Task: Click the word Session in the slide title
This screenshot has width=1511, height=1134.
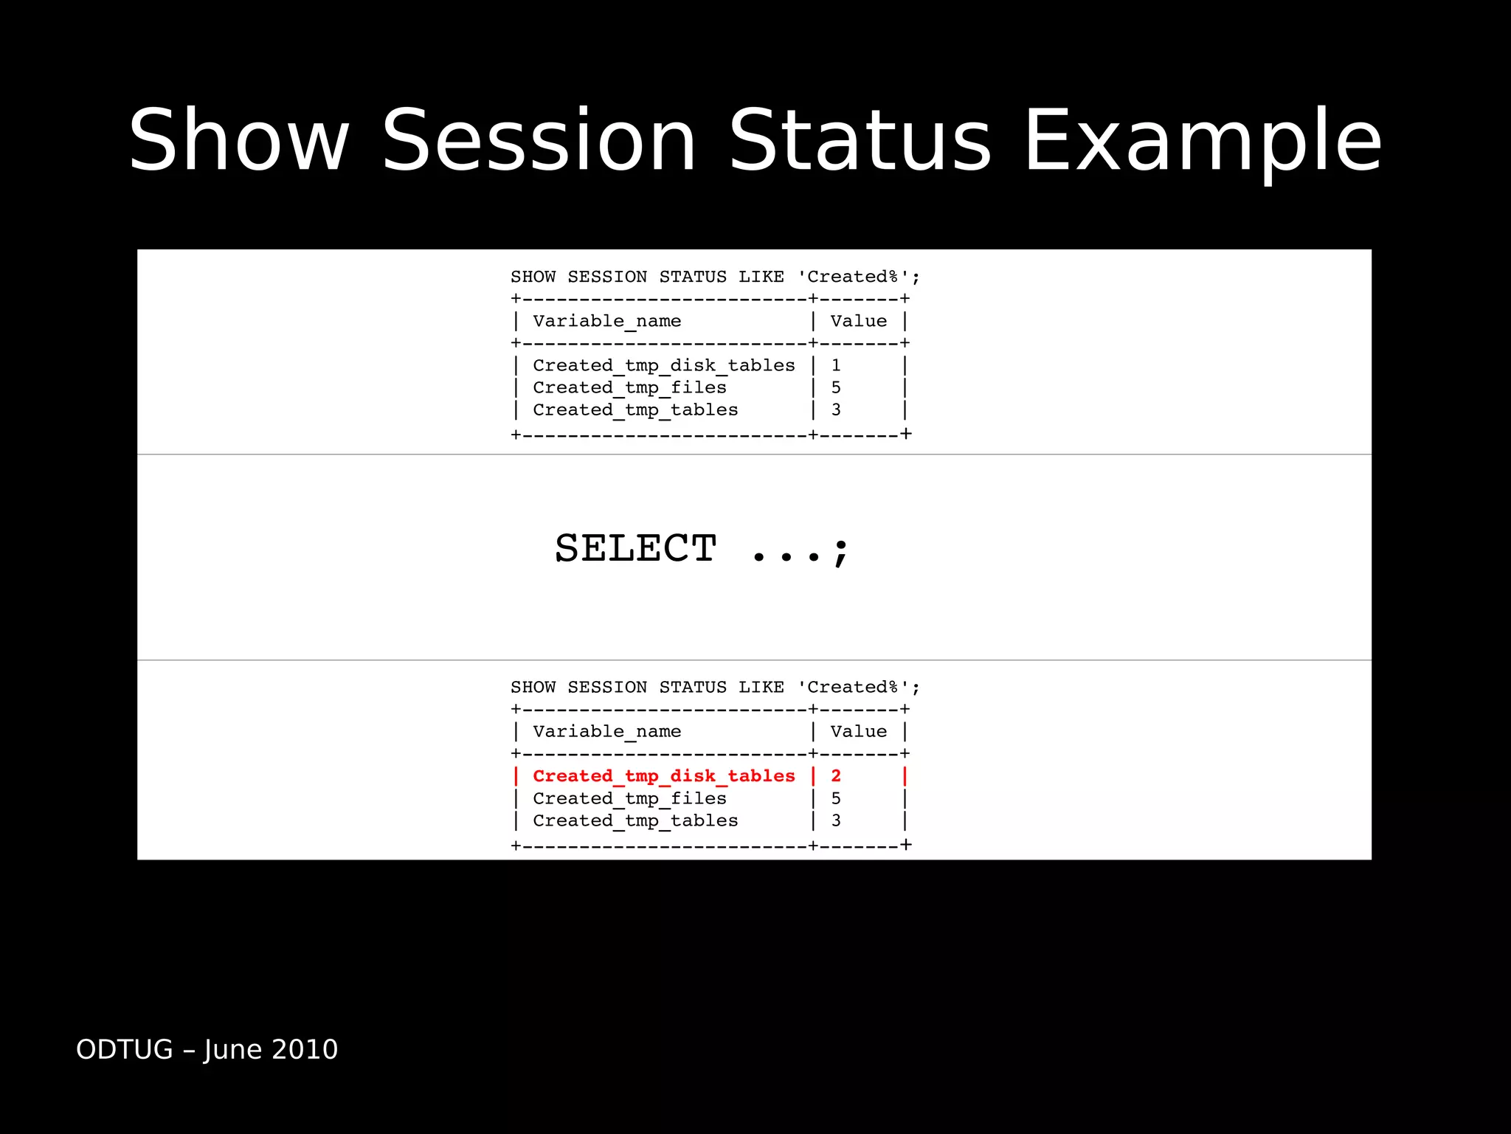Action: tap(539, 140)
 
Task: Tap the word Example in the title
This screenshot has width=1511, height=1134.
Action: tap(1203, 140)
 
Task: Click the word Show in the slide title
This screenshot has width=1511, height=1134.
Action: tap(238, 140)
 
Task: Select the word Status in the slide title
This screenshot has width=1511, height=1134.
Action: tap(860, 140)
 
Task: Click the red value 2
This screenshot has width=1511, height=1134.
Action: tap(836, 776)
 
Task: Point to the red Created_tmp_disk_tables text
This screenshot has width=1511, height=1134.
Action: tap(664, 776)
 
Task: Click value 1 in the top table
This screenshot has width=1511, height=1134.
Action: tap(836, 365)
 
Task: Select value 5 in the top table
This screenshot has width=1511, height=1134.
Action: tap(836, 387)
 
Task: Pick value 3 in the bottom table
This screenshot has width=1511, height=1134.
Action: tap(836, 820)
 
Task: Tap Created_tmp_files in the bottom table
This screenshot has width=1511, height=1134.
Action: tap(629, 798)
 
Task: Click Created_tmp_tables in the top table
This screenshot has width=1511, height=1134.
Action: tap(635, 409)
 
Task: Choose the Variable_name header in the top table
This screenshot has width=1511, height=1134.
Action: tap(606, 321)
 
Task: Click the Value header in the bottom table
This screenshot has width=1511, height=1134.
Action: tap(858, 731)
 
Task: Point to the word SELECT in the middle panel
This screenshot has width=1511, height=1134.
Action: tap(635, 548)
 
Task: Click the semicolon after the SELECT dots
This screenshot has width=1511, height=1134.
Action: tap(841, 552)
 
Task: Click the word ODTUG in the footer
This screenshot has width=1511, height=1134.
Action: tap(124, 1049)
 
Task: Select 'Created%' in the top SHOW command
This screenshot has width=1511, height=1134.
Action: tap(852, 277)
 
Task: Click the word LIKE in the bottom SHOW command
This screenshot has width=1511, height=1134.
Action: tap(761, 687)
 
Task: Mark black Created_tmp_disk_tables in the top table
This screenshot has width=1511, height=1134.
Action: tap(664, 365)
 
